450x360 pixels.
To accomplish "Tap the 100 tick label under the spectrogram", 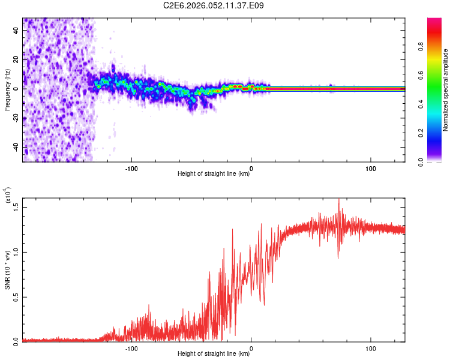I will point(371,168).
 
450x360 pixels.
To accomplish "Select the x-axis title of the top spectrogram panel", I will point(214,174).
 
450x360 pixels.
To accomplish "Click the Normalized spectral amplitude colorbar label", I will point(446,90).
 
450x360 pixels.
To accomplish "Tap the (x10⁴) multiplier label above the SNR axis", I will point(8,195).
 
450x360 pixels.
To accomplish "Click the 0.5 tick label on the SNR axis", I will point(16,296).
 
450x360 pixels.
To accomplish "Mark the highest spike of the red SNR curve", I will point(339,200).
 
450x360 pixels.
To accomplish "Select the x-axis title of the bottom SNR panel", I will point(214,354).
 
